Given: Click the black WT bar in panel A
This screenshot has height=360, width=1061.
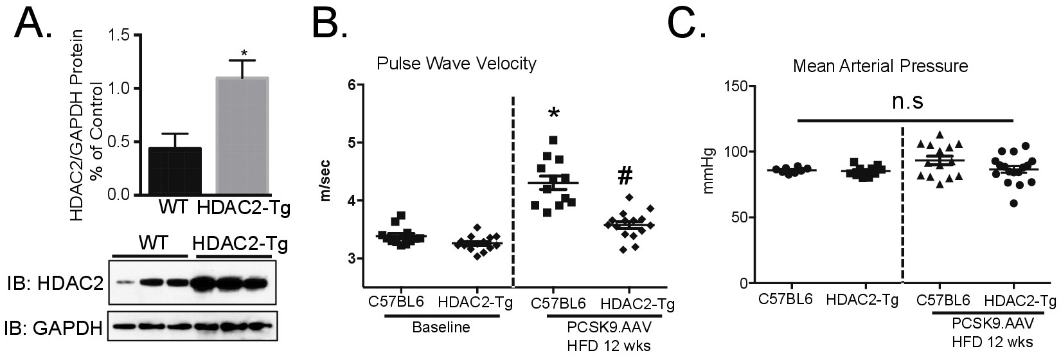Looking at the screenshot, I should [x=175, y=170].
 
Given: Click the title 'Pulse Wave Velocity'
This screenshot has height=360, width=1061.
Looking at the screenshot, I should [x=456, y=64].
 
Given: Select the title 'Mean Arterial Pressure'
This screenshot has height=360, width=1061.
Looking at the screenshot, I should [x=880, y=66].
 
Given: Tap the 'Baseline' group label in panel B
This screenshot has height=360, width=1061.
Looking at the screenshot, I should [x=440, y=327].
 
